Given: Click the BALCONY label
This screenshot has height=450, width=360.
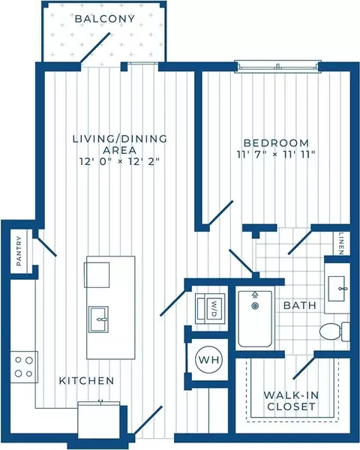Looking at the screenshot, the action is [x=105, y=19].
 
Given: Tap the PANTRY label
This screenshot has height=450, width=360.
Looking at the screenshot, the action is [x=19, y=250].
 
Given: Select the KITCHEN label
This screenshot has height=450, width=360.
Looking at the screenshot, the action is [x=86, y=381].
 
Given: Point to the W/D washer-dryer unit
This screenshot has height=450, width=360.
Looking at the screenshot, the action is [x=211, y=308].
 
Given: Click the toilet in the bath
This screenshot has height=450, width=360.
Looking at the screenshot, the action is [x=334, y=331].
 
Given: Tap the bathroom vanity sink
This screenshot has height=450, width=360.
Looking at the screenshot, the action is [x=337, y=289].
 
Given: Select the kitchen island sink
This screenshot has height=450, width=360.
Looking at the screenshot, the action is [x=98, y=319].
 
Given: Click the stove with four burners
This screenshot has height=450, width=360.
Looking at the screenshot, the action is [x=24, y=367].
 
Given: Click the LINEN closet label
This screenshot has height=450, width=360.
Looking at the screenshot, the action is [x=341, y=244].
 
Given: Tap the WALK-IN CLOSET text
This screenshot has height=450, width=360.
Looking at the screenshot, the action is [x=291, y=401].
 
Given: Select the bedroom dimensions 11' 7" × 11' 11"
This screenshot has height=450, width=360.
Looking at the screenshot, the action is [x=276, y=154].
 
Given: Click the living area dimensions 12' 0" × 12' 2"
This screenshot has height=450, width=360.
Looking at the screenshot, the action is [x=119, y=162].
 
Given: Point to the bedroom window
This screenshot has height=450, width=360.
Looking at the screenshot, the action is [x=278, y=66].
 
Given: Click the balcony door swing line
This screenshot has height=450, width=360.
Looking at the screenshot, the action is [x=95, y=47].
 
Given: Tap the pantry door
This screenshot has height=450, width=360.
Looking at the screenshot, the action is [x=46, y=246].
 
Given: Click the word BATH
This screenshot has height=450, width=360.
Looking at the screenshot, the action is [x=300, y=305].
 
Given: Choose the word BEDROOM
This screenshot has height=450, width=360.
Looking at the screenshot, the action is [x=276, y=142].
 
